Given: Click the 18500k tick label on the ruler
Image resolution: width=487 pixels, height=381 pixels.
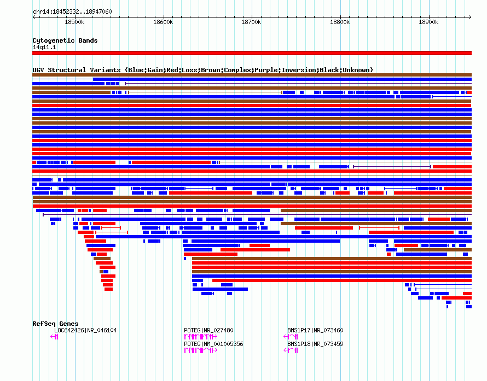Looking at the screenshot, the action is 74,22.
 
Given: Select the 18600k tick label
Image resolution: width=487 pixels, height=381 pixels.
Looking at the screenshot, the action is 163,22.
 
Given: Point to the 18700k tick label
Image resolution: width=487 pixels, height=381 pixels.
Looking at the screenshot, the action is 251,22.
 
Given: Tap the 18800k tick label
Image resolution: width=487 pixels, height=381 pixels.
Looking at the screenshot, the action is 340,22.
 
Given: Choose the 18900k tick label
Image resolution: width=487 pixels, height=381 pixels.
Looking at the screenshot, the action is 428,22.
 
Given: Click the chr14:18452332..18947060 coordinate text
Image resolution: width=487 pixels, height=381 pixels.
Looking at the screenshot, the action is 72,12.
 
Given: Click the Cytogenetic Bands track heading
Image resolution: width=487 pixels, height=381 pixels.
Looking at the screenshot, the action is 65,40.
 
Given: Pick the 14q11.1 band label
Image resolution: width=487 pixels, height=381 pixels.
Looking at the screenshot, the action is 44,47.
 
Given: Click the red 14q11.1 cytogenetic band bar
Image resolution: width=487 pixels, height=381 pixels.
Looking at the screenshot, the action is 252,53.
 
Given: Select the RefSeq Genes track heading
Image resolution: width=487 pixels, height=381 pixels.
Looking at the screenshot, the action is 55,324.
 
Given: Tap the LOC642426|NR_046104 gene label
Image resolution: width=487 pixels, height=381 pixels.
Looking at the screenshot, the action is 85,330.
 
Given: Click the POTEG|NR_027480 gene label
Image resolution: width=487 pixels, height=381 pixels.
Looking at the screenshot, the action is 208,330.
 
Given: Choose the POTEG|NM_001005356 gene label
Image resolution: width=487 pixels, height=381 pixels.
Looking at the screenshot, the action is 214,344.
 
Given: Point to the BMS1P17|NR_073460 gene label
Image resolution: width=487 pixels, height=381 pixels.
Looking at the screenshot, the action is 315,330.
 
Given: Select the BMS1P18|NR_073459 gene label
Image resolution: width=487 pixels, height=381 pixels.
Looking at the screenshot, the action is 315,344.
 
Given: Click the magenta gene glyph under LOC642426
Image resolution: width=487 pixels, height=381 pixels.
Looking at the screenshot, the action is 54,337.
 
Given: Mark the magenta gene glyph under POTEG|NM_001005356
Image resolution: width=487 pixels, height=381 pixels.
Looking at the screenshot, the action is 201,350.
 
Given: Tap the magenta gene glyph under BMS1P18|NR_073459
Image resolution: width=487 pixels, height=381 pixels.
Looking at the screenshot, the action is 291,350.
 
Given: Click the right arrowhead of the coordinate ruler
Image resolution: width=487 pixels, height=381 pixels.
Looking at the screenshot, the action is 470,17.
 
